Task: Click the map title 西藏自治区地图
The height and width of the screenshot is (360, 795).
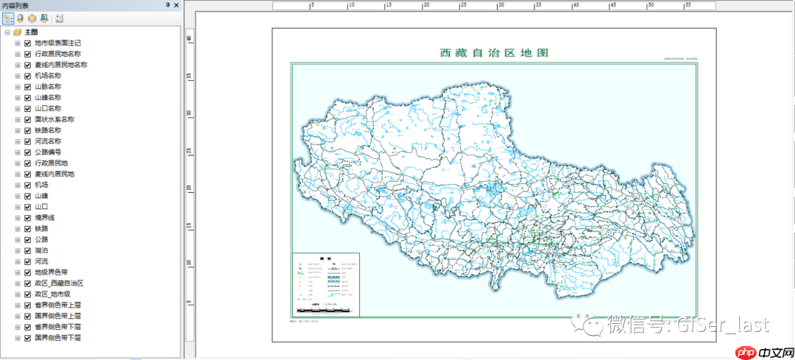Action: point(494,53)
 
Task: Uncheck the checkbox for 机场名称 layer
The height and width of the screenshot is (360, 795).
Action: point(27,75)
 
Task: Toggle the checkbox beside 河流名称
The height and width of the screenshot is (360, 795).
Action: point(27,141)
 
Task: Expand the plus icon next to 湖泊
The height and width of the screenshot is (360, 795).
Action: point(18,250)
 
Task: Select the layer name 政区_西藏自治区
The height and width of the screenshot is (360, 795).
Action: point(59,283)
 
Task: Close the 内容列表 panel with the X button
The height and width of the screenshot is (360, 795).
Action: point(177,5)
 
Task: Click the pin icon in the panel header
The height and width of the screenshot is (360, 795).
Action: point(168,5)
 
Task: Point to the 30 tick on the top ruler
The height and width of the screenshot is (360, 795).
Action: point(501,5)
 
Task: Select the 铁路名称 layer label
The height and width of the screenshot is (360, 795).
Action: point(48,130)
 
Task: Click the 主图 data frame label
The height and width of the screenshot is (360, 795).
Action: point(31,32)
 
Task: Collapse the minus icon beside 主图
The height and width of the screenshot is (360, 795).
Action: point(7,32)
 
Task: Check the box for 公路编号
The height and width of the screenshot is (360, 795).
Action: point(27,152)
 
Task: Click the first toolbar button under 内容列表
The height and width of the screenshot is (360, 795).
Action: point(8,18)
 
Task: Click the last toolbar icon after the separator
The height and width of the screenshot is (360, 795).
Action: point(59,18)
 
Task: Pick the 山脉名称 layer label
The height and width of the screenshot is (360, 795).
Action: point(48,86)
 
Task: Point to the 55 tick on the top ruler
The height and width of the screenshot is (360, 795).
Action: point(688,5)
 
